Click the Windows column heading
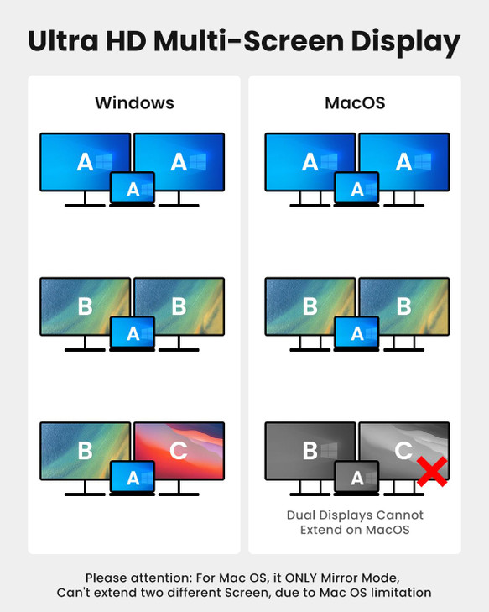coord(134,103)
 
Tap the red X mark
coord(431,472)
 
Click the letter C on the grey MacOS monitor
coord(403,451)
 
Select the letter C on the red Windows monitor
coord(179,451)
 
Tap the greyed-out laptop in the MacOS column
coord(357,478)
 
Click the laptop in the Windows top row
coord(133,189)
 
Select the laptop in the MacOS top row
coord(357,189)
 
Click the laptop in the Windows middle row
coord(133,333)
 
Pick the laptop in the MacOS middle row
coord(357,333)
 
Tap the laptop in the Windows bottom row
coord(133,478)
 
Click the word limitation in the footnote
coord(398,593)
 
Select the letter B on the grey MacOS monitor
coord(310,451)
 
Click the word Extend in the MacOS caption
coord(320,530)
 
